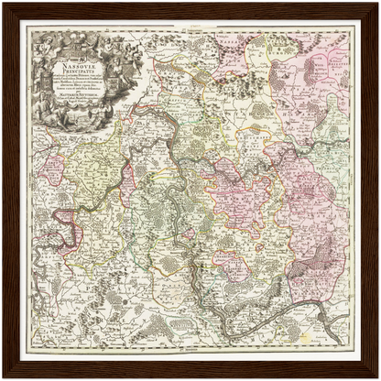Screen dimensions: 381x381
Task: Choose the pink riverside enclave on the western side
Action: tap(66, 220)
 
